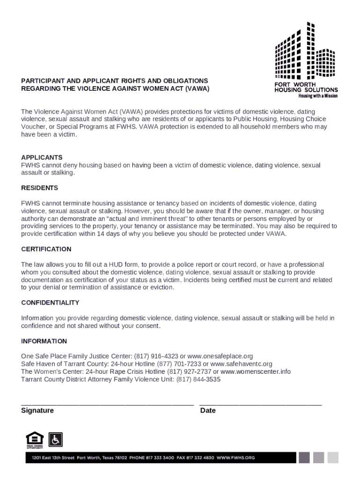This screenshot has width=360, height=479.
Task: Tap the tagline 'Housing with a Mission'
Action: coord(318,96)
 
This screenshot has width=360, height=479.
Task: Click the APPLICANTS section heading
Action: coord(42,158)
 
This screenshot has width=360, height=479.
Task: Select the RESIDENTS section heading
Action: coord(40,188)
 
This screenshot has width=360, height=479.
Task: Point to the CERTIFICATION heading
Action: coord(46,249)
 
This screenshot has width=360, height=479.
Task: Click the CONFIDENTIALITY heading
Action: coord(50,303)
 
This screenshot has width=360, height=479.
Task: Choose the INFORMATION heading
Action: coord(44,341)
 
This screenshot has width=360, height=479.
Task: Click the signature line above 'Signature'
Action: coord(107,404)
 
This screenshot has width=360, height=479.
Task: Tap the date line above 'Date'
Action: coord(260,404)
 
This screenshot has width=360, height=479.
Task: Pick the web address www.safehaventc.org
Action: coord(241,364)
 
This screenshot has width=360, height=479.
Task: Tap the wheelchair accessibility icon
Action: coord(56,439)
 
